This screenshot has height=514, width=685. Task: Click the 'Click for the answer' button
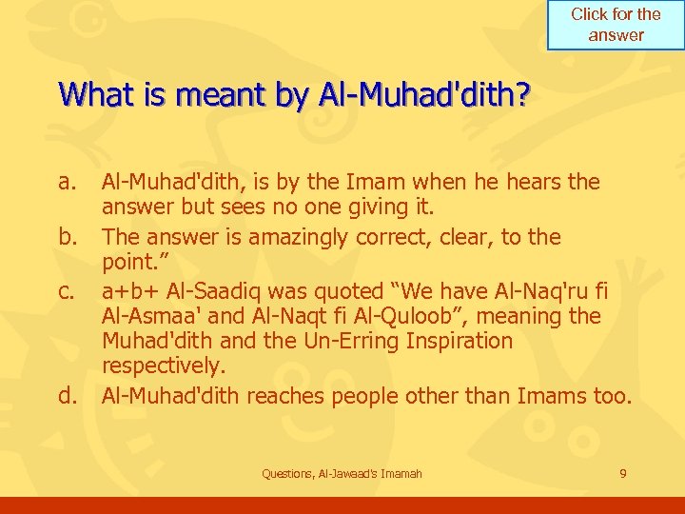tap(616, 25)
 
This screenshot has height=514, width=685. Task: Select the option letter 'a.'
tap(66, 181)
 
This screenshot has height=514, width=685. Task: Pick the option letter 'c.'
tap(66, 288)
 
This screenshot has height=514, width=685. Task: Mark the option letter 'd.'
tap(66, 395)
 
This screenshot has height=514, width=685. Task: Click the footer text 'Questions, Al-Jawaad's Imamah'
tap(342, 473)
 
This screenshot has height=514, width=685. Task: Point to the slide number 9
tap(622, 473)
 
